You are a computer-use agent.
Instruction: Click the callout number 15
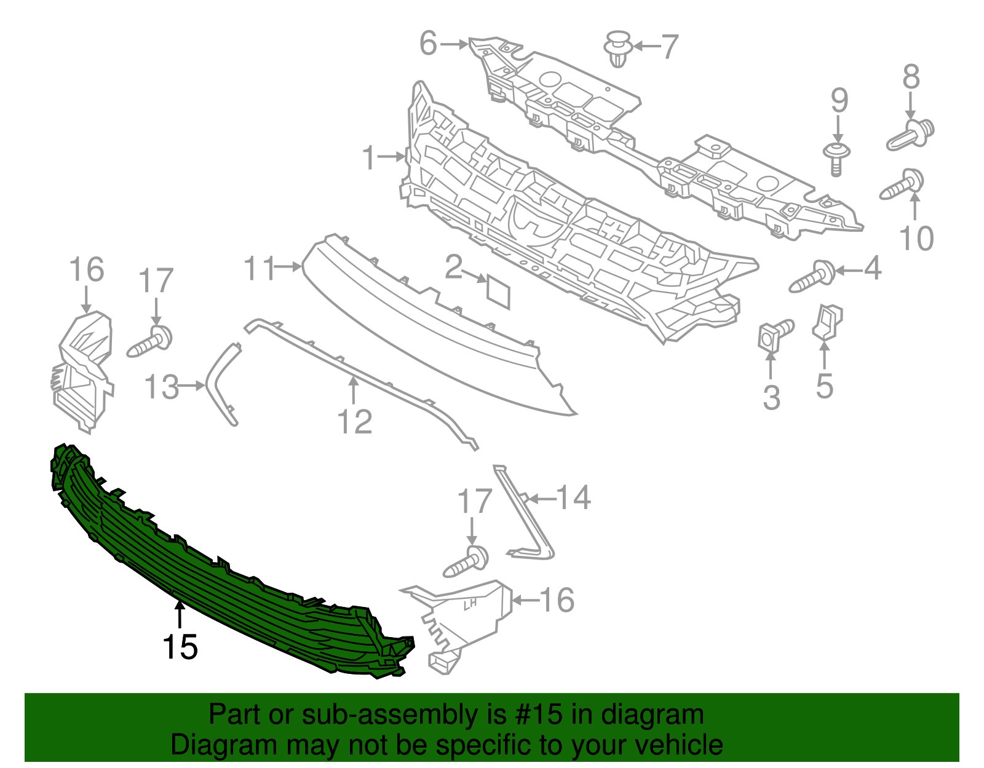pyautogui.click(x=180, y=647)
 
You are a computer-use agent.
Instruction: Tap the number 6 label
pyautogui.click(x=428, y=44)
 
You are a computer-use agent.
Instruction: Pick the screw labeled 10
pyautogui.click(x=902, y=184)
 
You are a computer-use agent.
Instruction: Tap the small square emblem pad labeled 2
pyautogui.click(x=498, y=291)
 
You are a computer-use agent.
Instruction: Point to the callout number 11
pyautogui.click(x=259, y=268)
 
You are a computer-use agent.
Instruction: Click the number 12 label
pyautogui.click(x=355, y=422)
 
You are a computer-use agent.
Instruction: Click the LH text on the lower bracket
pyautogui.click(x=470, y=604)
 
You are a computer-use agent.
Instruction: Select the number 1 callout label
pyautogui.click(x=368, y=157)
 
